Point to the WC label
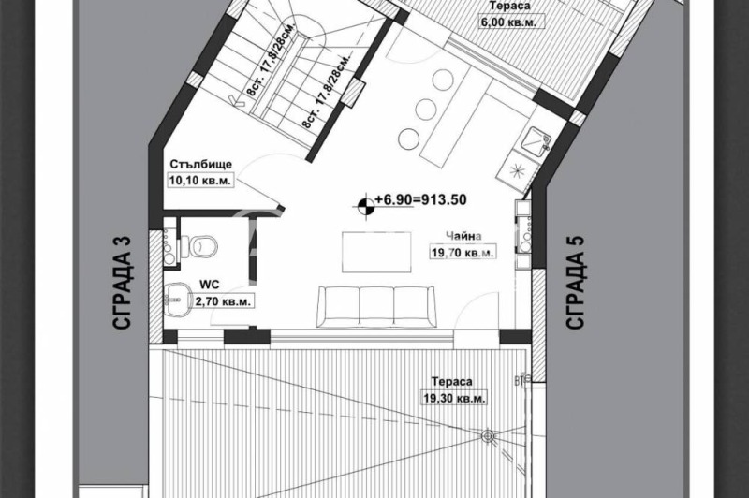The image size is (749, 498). point(209,283)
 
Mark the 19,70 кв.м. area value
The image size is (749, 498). point(463,253)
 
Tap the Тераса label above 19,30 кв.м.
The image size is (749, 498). point(452,382)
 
